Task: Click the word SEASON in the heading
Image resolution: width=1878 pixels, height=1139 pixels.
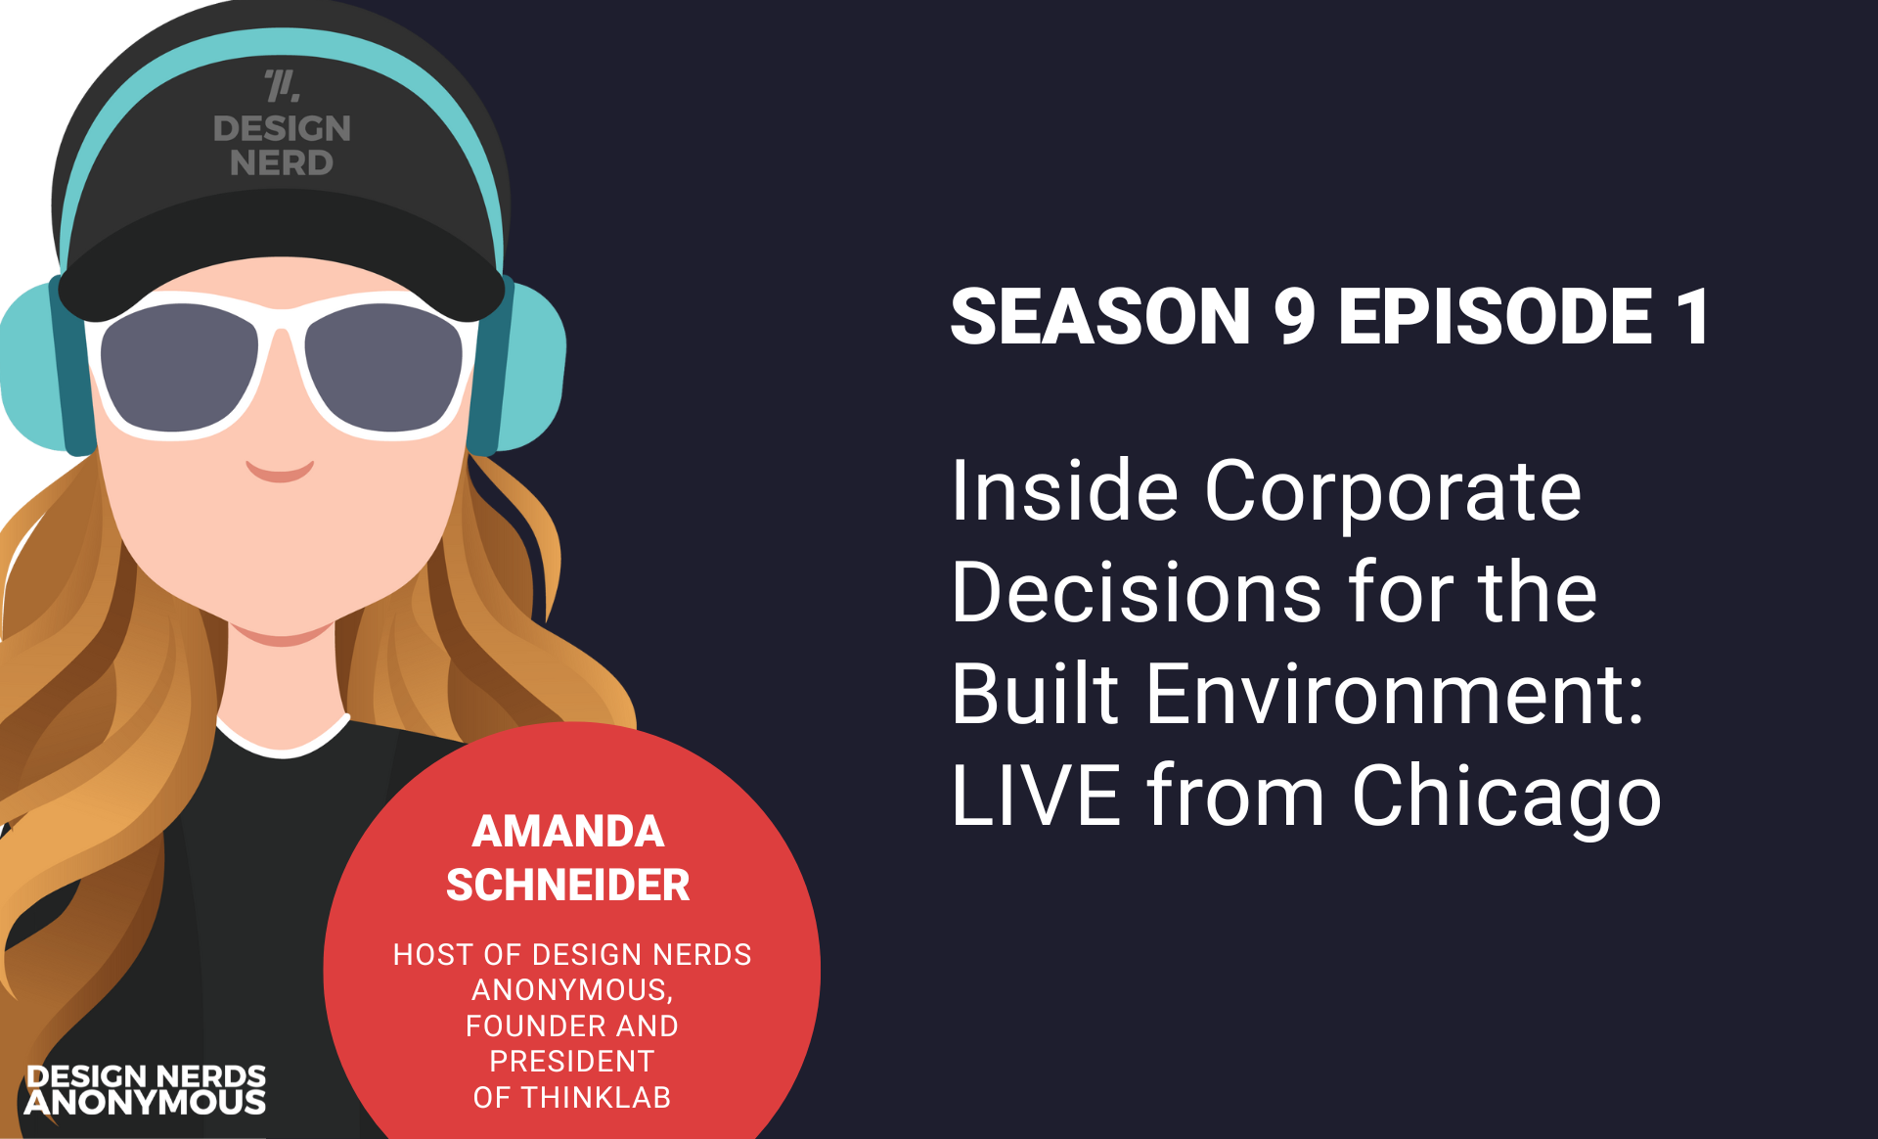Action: tap(1100, 316)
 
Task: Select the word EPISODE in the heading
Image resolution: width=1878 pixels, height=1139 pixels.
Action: tap(1496, 316)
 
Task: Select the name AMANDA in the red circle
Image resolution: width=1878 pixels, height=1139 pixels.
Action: tap(568, 832)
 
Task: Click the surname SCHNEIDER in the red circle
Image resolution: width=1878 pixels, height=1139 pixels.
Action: tap(568, 886)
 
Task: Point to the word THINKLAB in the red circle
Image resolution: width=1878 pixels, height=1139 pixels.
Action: tap(597, 1098)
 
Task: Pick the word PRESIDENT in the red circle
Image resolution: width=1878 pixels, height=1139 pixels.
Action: tap(572, 1062)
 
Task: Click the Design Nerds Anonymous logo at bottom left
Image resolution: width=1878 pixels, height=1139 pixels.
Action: tap(146, 1090)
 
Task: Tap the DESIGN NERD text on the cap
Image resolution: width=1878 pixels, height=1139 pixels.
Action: tap(282, 145)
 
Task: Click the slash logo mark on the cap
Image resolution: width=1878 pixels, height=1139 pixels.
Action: tap(282, 86)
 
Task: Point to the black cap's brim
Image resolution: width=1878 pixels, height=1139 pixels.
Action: tap(282, 256)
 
